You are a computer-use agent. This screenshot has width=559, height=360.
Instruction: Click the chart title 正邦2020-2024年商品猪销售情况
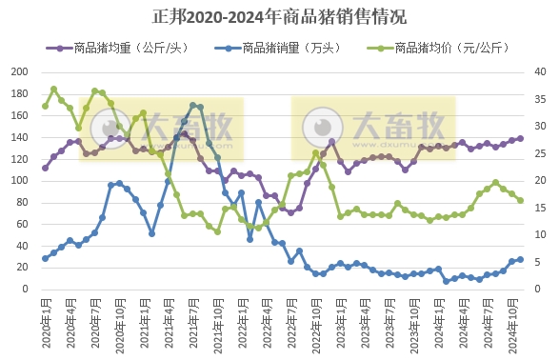(279, 17)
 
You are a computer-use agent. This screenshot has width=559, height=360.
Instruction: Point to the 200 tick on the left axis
(19, 72)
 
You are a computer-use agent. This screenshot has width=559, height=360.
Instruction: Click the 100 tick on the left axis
(19, 179)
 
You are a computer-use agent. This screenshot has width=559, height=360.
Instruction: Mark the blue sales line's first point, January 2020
(45, 258)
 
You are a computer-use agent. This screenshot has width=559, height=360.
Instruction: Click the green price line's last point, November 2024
(520, 200)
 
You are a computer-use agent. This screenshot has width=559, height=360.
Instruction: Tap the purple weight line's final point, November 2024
(520, 138)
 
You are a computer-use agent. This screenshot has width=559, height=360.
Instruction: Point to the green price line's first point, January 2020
(45, 106)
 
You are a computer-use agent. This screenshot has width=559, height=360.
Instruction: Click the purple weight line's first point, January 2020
(45, 168)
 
